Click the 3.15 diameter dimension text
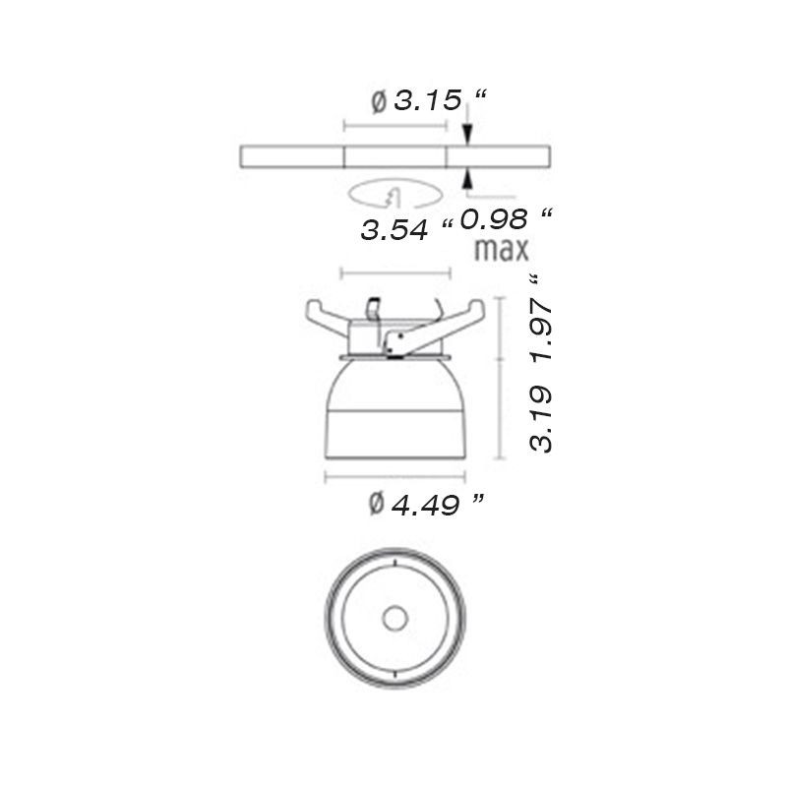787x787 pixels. point(428,99)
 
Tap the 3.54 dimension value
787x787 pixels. point(394,230)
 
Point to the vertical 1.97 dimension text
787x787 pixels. point(540,330)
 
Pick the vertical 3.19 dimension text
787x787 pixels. point(540,419)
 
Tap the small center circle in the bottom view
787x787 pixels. point(395,618)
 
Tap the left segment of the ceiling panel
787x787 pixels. point(292,156)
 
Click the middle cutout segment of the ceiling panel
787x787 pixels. point(395,156)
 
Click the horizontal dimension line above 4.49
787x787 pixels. point(395,478)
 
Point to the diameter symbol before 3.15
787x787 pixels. point(379,100)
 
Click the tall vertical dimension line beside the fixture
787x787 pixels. point(505,379)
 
